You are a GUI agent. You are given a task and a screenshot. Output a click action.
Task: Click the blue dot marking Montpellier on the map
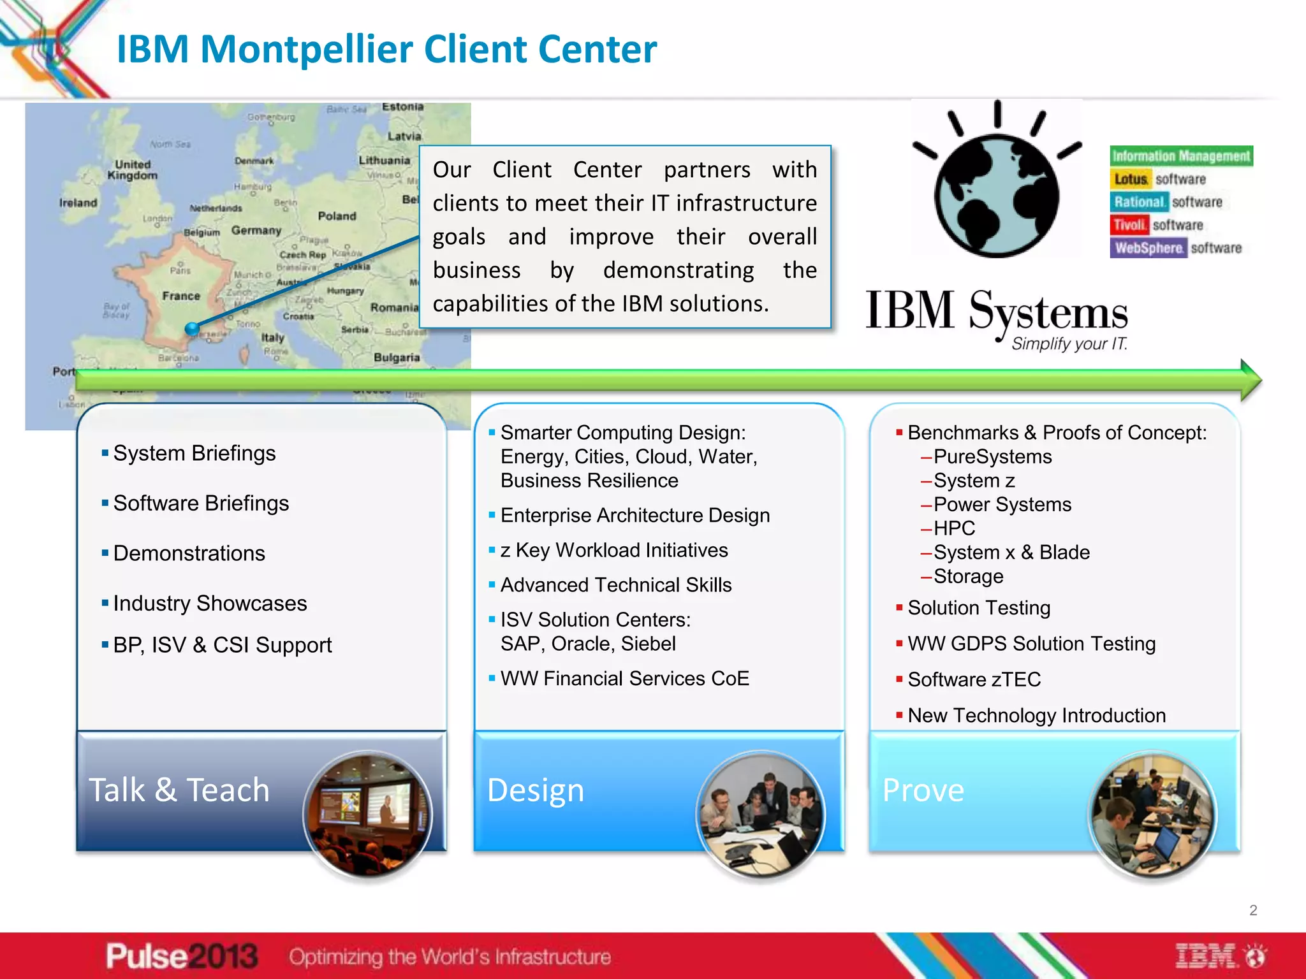coord(192,329)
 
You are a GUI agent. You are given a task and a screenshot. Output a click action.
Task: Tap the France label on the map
coord(181,296)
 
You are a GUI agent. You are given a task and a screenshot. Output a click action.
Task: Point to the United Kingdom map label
coord(132,170)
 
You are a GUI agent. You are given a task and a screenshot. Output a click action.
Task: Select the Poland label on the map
coord(337,216)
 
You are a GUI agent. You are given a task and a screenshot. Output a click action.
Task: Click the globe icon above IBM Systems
coord(997,194)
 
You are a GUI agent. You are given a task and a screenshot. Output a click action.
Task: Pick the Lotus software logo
coord(1160,179)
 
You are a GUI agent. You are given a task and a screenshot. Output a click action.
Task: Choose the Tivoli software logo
coord(1157,225)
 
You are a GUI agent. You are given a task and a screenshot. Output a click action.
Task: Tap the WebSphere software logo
coord(1177,248)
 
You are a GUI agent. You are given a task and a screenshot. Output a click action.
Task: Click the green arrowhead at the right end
coord(1251,380)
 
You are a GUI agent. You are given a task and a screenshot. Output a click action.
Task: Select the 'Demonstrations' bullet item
coord(189,553)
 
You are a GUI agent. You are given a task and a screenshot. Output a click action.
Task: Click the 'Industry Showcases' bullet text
coord(210,603)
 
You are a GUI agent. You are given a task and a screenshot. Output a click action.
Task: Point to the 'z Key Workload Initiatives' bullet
coord(613,550)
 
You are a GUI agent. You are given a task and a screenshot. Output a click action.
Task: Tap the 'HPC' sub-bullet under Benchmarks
coord(954,528)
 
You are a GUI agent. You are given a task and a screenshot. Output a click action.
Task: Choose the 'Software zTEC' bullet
coord(974,679)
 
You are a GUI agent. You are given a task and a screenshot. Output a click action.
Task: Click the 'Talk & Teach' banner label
coord(179,790)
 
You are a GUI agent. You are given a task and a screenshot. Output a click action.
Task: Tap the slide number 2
coord(1253,910)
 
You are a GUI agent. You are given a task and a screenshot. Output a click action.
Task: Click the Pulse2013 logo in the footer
coord(182,956)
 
